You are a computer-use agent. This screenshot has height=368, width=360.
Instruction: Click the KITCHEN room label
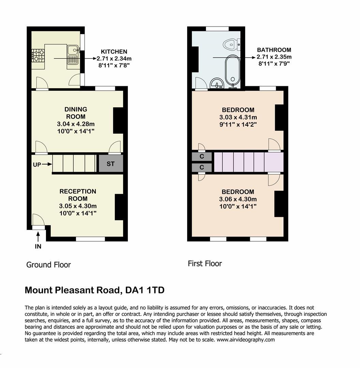click(114, 52)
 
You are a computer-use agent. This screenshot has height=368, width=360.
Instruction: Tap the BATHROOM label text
click(274, 50)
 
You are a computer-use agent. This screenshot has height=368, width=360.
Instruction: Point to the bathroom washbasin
click(216, 83)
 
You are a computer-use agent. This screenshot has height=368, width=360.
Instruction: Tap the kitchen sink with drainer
click(73, 56)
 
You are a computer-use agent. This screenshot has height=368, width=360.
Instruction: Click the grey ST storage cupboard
click(110, 164)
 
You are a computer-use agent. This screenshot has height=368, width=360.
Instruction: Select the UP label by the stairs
click(37, 164)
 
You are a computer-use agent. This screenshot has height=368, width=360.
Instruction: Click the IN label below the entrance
click(38, 246)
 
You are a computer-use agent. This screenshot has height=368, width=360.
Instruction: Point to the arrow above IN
click(38, 236)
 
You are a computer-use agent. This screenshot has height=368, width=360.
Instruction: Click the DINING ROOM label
click(76, 113)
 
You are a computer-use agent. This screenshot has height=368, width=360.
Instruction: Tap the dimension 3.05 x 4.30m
click(78, 206)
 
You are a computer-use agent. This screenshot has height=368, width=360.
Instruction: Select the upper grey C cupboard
click(202, 156)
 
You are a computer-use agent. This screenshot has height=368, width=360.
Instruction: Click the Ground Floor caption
click(48, 265)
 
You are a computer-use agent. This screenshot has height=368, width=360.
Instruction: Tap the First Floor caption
click(205, 264)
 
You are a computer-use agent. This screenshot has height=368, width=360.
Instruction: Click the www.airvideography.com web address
click(245, 340)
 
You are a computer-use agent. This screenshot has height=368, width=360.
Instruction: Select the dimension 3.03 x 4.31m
click(238, 117)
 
